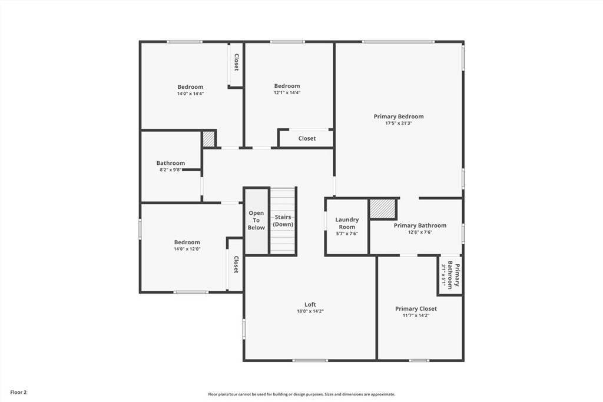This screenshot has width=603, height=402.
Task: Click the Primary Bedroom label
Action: click(x=399, y=117)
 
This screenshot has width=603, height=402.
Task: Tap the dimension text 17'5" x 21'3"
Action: click(x=399, y=124)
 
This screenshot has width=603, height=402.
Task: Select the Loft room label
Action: click(x=310, y=304)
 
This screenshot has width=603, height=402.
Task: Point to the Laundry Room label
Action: click(x=347, y=223)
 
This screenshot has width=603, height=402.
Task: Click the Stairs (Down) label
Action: click(x=283, y=221)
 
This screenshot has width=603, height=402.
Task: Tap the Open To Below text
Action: click(x=256, y=220)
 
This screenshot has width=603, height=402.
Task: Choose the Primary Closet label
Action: click(x=416, y=308)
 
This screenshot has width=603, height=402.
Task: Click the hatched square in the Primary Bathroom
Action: click(x=382, y=209)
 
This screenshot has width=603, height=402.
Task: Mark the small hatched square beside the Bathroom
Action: click(x=208, y=139)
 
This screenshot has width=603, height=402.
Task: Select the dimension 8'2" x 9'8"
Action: click(x=171, y=170)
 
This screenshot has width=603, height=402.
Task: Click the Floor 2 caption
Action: click(x=18, y=392)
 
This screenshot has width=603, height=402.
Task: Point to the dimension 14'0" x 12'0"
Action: click(x=187, y=249)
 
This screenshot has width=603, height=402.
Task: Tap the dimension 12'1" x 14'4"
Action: click(x=287, y=93)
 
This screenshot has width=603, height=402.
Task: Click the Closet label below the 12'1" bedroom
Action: click(x=307, y=138)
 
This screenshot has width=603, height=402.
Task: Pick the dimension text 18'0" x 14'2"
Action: click(x=310, y=311)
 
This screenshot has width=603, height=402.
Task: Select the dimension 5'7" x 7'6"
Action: click(x=347, y=234)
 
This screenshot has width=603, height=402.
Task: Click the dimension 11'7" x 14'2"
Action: click(x=416, y=315)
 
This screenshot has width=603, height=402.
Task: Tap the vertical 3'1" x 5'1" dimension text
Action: click(x=443, y=274)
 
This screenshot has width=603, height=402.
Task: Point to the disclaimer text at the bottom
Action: click(x=301, y=394)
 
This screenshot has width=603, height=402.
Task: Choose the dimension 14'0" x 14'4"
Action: click(x=190, y=94)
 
